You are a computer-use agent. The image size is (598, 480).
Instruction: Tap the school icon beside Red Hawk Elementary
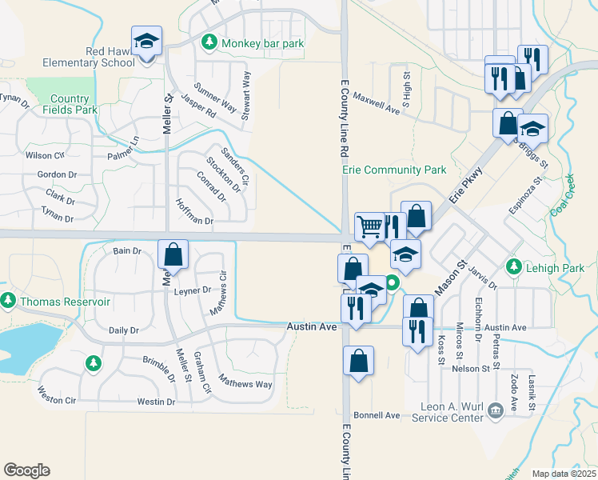coord(146,42)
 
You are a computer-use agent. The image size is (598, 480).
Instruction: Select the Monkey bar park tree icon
coord(210,42)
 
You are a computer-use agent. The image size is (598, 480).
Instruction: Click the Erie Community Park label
coord(393,170)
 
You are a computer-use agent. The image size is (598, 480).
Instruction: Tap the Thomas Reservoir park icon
coord(8,301)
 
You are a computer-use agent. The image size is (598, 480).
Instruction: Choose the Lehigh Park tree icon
coord(514,266)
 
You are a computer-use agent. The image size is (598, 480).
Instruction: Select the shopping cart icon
coord(369,226)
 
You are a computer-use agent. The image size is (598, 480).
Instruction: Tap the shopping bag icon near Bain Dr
coord(173,254)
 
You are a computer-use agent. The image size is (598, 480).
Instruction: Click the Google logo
coord(27,470)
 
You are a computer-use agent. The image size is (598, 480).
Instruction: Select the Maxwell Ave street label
coord(376,105)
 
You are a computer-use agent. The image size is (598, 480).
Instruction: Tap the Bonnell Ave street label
coord(377,416)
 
